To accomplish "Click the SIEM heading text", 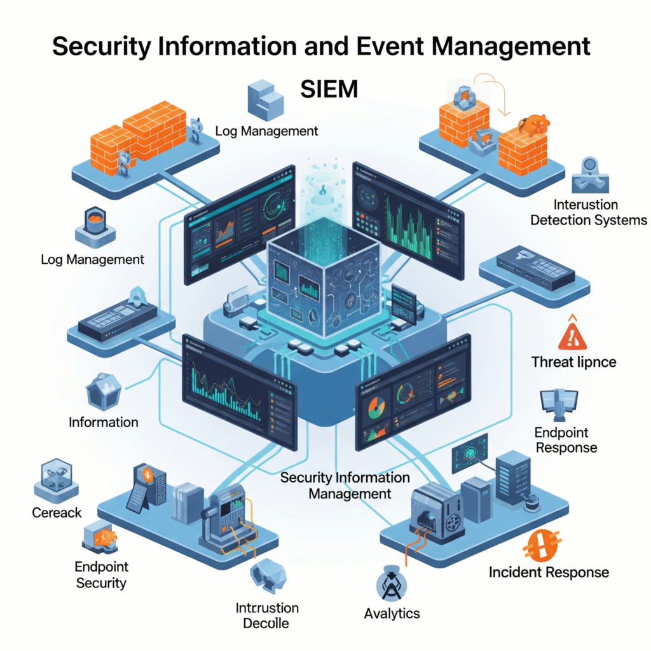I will (329, 89).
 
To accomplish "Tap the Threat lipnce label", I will (573, 362).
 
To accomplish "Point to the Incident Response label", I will (549, 572).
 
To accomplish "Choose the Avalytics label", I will (392, 613).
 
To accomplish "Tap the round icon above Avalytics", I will (388, 584).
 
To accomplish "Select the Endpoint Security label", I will (101, 574).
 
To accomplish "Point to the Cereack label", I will (57, 512).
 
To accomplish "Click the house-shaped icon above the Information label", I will (103, 390).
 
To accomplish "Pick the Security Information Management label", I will (345, 485).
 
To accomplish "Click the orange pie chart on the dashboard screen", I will (374, 407).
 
